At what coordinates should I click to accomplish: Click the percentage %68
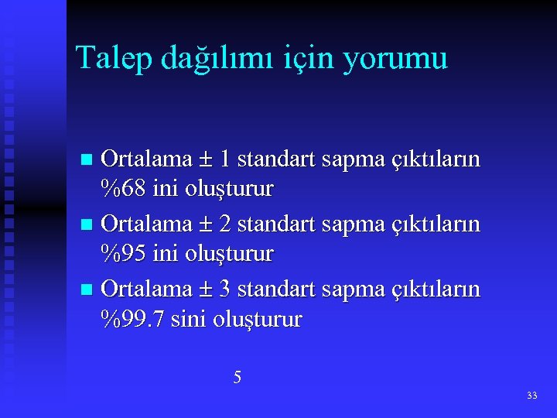(x=125, y=188)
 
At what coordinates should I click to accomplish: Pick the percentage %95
(x=125, y=253)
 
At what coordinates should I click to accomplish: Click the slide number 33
(x=531, y=396)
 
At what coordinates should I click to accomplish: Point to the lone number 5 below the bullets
(x=237, y=378)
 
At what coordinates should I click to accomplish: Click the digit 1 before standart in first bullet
(x=224, y=159)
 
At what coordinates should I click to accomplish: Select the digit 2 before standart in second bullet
(x=224, y=224)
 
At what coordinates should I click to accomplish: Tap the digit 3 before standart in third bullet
(x=224, y=290)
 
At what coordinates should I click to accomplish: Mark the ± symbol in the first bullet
(x=206, y=160)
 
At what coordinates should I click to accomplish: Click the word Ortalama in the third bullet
(x=147, y=290)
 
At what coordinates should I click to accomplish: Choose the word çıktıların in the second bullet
(x=434, y=225)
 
